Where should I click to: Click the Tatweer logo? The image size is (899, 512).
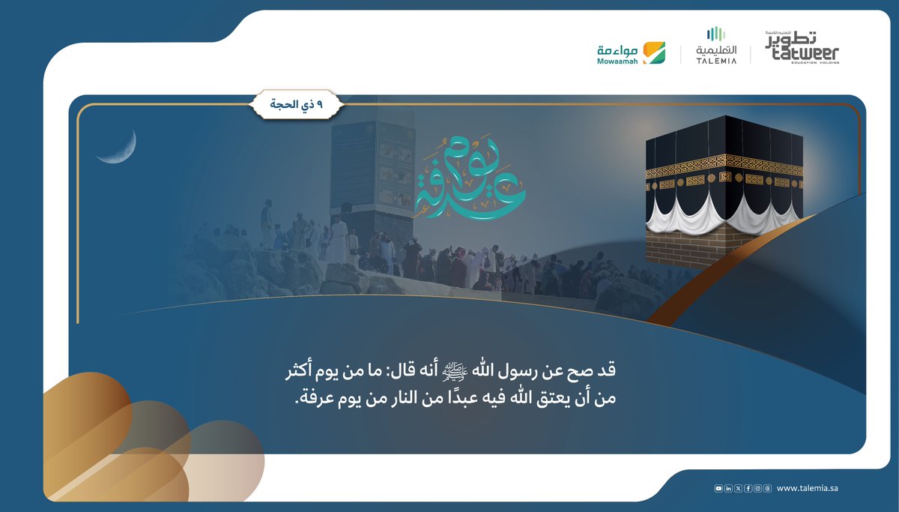802,47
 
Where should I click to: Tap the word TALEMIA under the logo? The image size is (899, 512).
716,61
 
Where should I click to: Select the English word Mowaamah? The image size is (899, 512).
617,61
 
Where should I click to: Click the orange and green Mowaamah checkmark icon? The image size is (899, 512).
654,52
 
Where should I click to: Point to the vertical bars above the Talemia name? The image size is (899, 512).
716,34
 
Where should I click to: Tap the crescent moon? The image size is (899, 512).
120,148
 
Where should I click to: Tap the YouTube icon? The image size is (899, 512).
719,489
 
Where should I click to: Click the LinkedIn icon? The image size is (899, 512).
729,489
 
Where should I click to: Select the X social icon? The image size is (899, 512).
738,489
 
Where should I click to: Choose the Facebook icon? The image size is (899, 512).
748,489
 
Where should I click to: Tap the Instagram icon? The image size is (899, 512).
757,489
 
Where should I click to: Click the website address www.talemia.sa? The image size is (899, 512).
808,489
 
